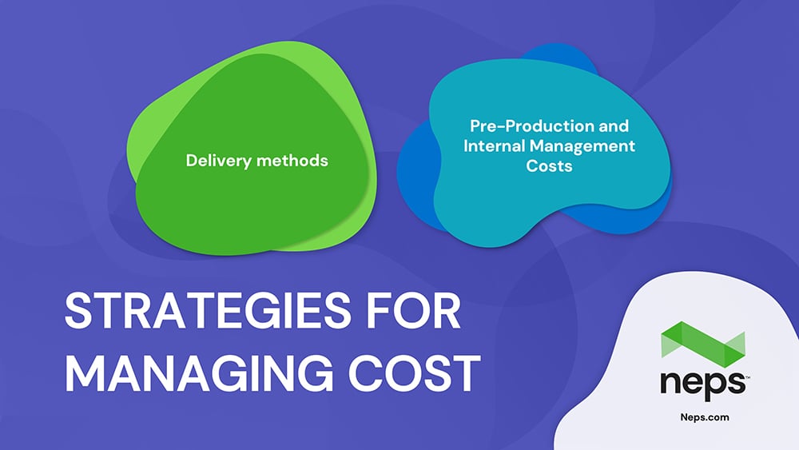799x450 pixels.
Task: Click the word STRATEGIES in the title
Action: coord(208,310)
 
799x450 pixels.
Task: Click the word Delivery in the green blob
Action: coord(219,161)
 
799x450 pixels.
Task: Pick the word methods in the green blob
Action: coord(292,161)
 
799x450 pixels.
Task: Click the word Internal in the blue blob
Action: coord(494,145)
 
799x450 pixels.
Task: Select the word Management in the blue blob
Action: coord(582,147)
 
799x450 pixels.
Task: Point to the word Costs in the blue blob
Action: coord(549,166)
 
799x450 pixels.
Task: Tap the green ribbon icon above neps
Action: coord(703,344)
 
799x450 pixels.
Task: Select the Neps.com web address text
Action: coord(705,417)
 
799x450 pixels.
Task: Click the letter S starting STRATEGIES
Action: coord(78,310)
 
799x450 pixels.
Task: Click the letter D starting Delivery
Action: coord(192,161)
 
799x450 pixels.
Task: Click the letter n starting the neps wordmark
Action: coord(670,383)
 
